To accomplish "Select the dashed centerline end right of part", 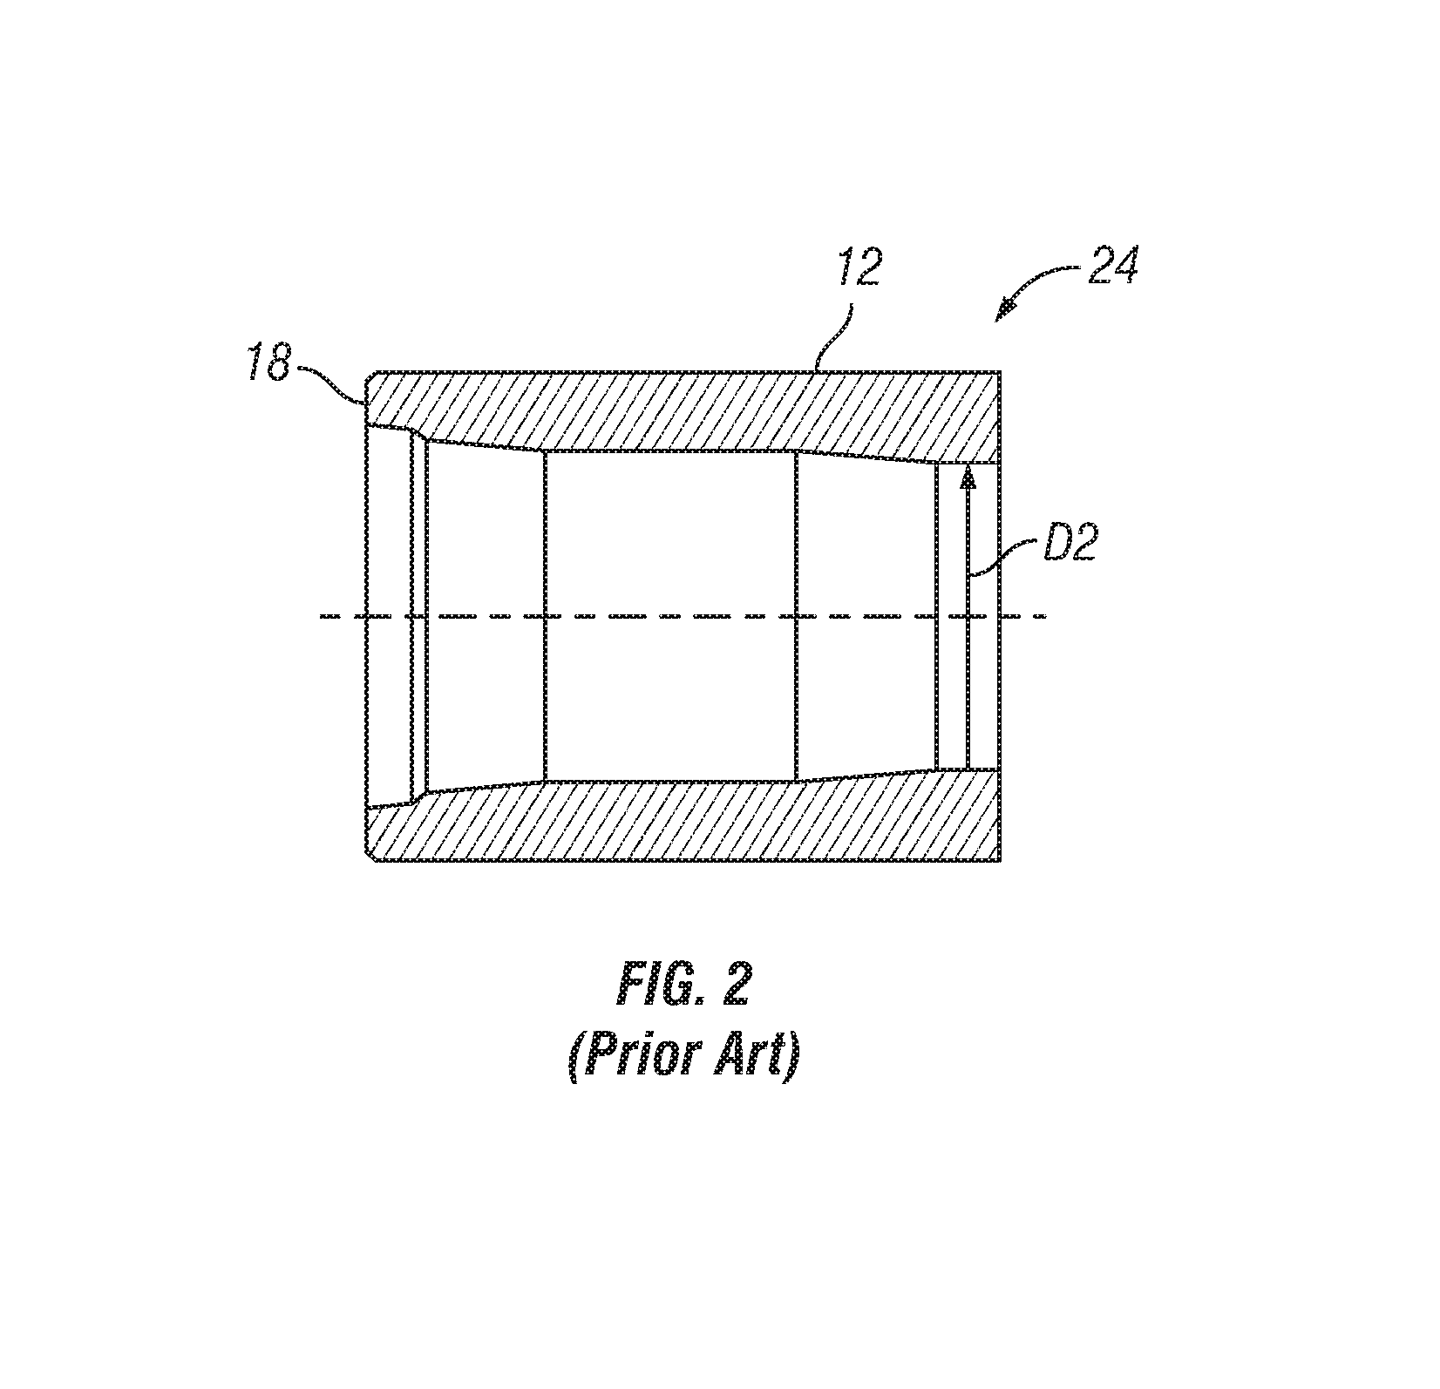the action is point(1043,616).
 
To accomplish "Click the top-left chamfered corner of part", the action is point(370,376).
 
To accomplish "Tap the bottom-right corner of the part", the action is point(1002,862).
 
